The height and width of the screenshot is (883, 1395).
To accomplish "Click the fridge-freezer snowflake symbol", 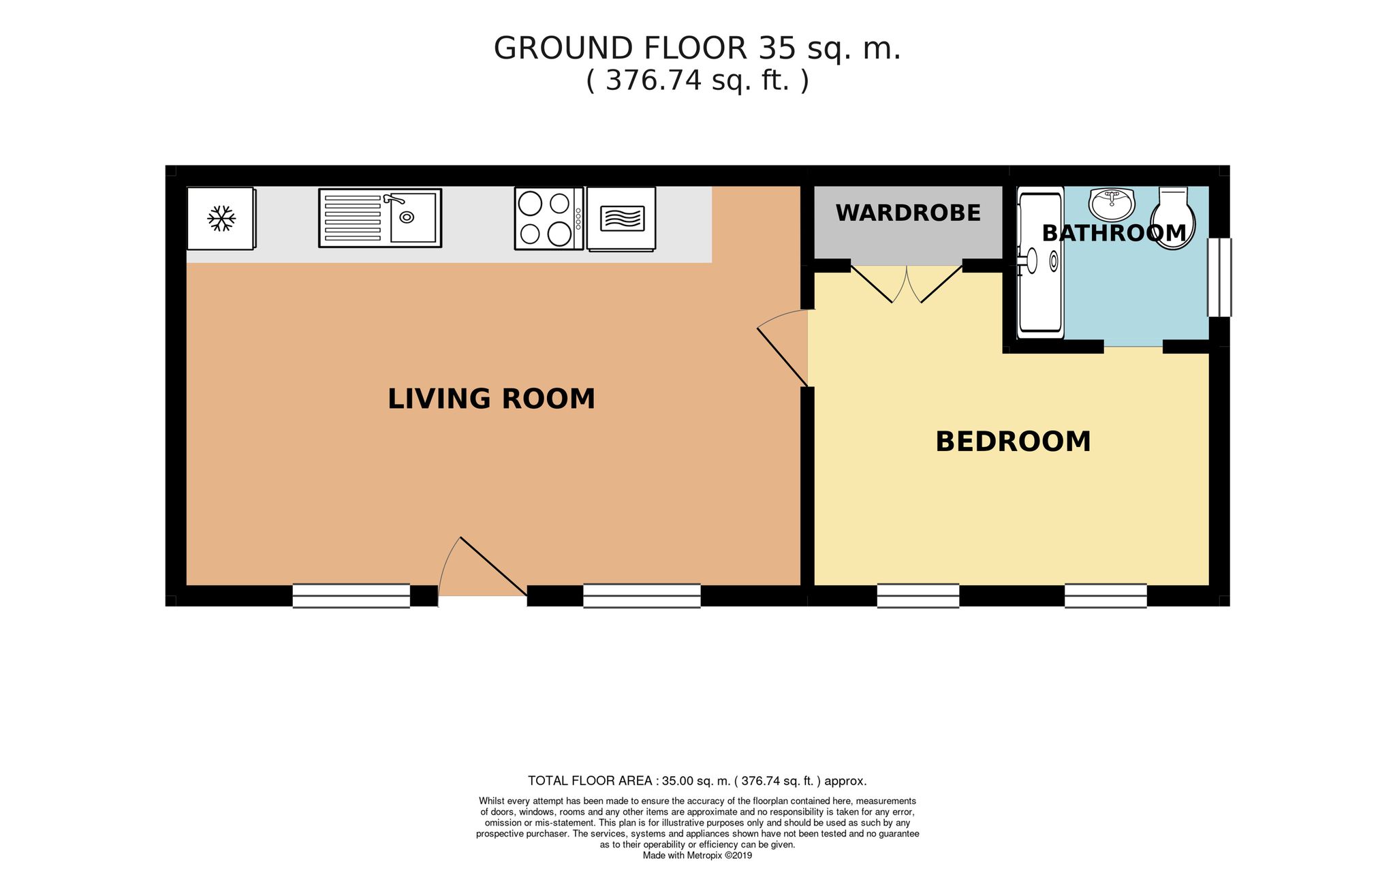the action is click(x=221, y=219).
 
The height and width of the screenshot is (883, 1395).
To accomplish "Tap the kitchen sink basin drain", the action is click(x=407, y=217).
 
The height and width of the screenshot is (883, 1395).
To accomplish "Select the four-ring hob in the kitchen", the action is click(x=549, y=219).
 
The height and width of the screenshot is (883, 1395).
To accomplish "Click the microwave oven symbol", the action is click(x=621, y=219).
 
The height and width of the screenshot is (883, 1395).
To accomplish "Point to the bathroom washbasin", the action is click(x=1112, y=202).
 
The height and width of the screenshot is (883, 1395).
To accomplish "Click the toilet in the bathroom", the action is click(x=1173, y=218).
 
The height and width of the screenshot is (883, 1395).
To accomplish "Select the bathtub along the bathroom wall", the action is click(x=1040, y=262).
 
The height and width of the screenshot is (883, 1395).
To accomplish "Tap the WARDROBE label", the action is click(x=908, y=213).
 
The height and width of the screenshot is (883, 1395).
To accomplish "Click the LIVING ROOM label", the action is click(x=491, y=399).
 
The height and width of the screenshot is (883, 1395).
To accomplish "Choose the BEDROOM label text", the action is click(x=1013, y=441).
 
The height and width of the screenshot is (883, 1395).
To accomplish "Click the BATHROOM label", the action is click(x=1114, y=233).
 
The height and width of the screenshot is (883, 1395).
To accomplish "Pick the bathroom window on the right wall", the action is click(x=1219, y=277).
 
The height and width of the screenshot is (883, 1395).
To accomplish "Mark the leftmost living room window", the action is click(x=351, y=595).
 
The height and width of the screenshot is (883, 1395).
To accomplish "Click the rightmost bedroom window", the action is click(x=1106, y=595).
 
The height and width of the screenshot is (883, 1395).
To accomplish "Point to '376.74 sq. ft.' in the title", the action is click(x=697, y=81).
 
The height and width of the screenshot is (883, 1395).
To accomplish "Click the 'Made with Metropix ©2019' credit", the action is click(x=697, y=855).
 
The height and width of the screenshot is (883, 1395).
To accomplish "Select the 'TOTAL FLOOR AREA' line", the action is click(x=697, y=781).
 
